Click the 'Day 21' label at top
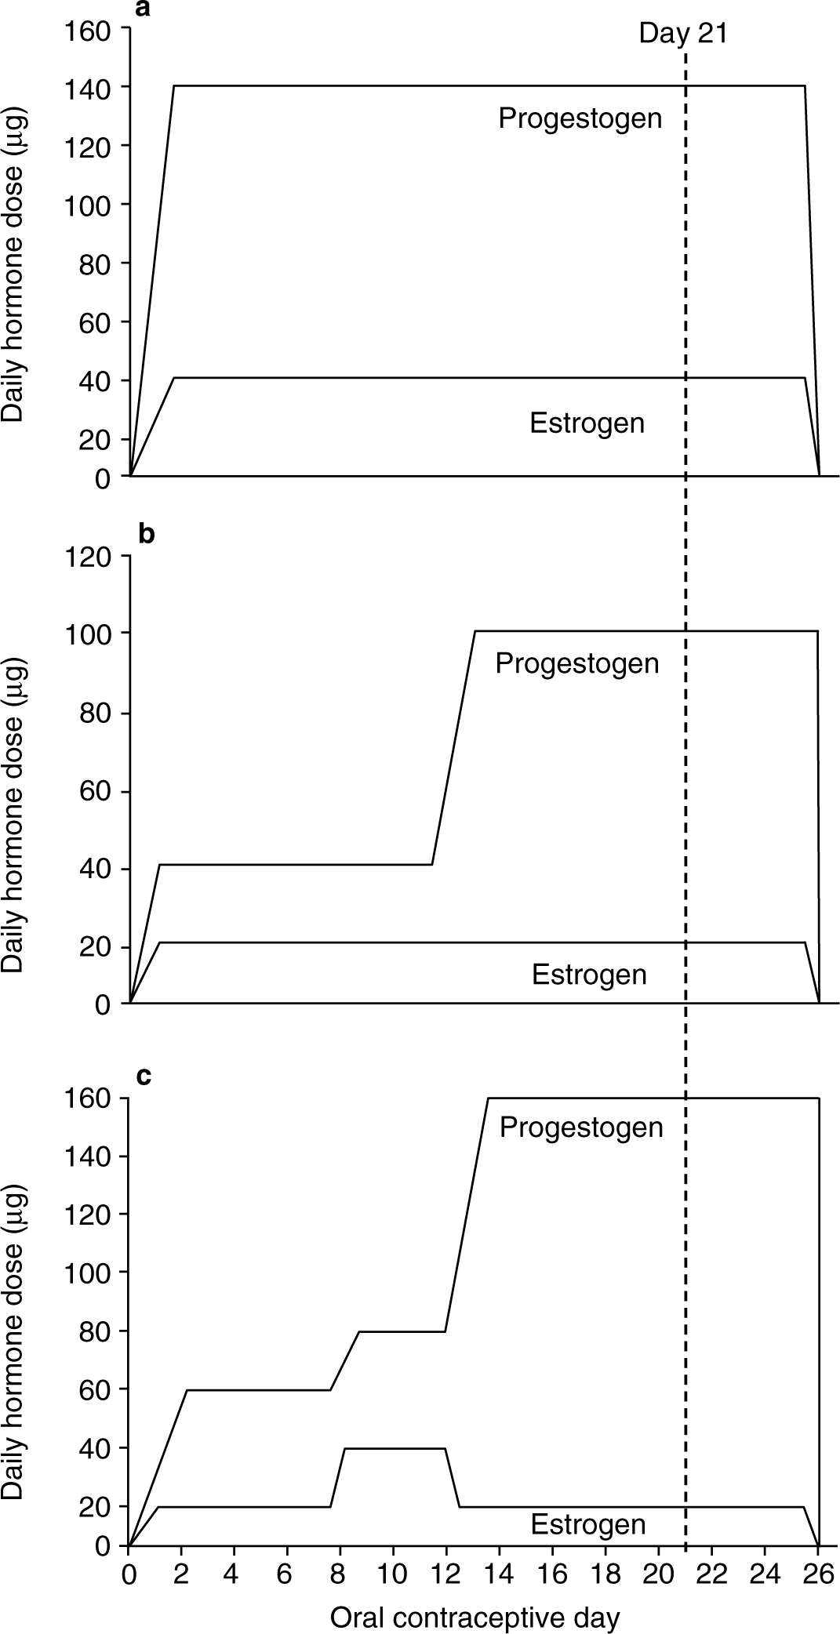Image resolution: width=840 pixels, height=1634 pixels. (x=682, y=34)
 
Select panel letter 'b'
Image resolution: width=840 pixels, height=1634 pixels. (x=146, y=534)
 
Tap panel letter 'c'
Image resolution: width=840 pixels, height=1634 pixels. (x=144, y=1076)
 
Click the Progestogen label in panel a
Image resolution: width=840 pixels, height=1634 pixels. (x=580, y=118)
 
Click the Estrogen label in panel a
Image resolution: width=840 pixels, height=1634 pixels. (x=587, y=423)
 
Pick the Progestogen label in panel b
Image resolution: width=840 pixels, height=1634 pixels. (x=577, y=664)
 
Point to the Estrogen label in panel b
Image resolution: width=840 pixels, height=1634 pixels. (x=589, y=975)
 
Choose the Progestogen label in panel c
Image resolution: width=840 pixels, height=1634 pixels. (x=581, y=1127)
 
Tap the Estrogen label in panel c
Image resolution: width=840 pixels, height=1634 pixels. (x=588, y=1524)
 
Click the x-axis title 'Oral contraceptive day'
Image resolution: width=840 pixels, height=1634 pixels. (x=475, y=1617)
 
